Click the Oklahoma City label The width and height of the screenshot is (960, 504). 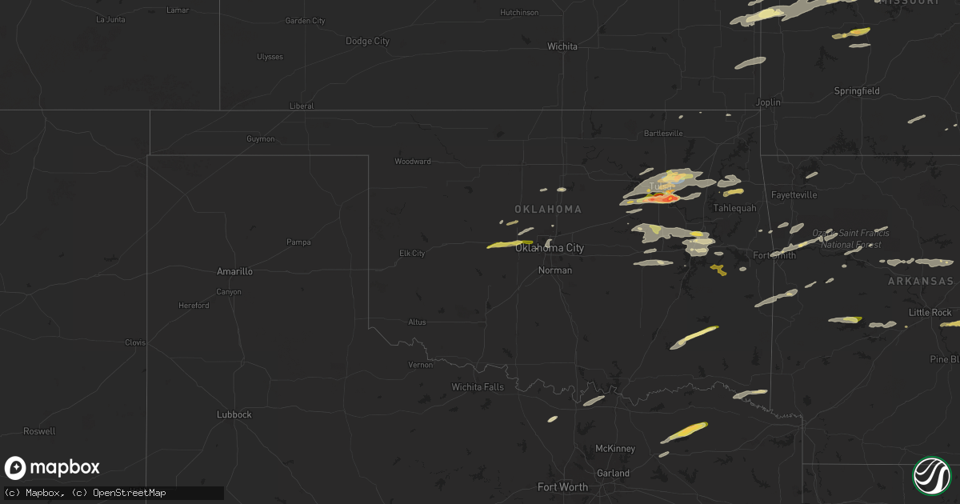pyautogui.click(x=550, y=248)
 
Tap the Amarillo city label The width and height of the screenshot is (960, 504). pyautogui.click(x=234, y=271)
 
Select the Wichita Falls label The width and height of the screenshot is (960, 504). pyautogui.click(x=478, y=387)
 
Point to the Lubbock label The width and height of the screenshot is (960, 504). pyautogui.click(x=234, y=414)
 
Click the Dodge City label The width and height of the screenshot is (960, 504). pyautogui.click(x=367, y=41)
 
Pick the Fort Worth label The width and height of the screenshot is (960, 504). pyautogui.click(x=562, y=486)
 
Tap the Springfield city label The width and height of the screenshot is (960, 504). pyautogui.click(x=857, y=91)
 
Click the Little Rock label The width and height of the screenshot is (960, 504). pyautogui.click(x=930, y=312)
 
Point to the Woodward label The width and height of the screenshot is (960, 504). pyautogui.click(x=413, y=162)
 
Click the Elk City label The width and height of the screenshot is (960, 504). pyautogui.click(x=412, y=254)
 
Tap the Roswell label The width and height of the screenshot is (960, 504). pyautogui.click(x=39, y=431)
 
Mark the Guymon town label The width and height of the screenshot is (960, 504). pyautogui.click(x=261, y=139)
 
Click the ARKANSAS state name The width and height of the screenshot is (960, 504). pyautogui.click(x=920, y=282)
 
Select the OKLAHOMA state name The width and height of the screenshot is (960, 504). pyautogui.click(x=548, y=209)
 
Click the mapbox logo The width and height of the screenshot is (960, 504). pyautogui.click(x=52, y=468)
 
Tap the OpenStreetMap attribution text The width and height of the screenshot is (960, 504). pyautogui.click(x=130, y=493)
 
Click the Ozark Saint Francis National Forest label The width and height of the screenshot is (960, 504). pyautogui.click(x=850, y=238)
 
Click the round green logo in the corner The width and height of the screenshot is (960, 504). pyautogui.click(x=932, y=475)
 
